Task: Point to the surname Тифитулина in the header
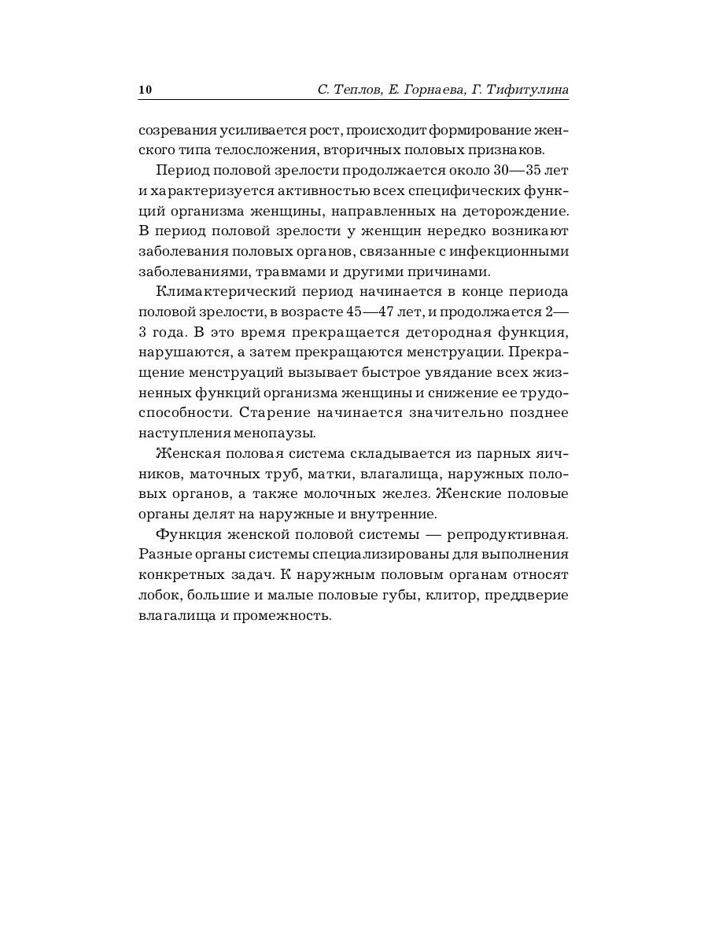point(529,90)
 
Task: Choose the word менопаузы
point(279,433)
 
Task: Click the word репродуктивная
point(512,535)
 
